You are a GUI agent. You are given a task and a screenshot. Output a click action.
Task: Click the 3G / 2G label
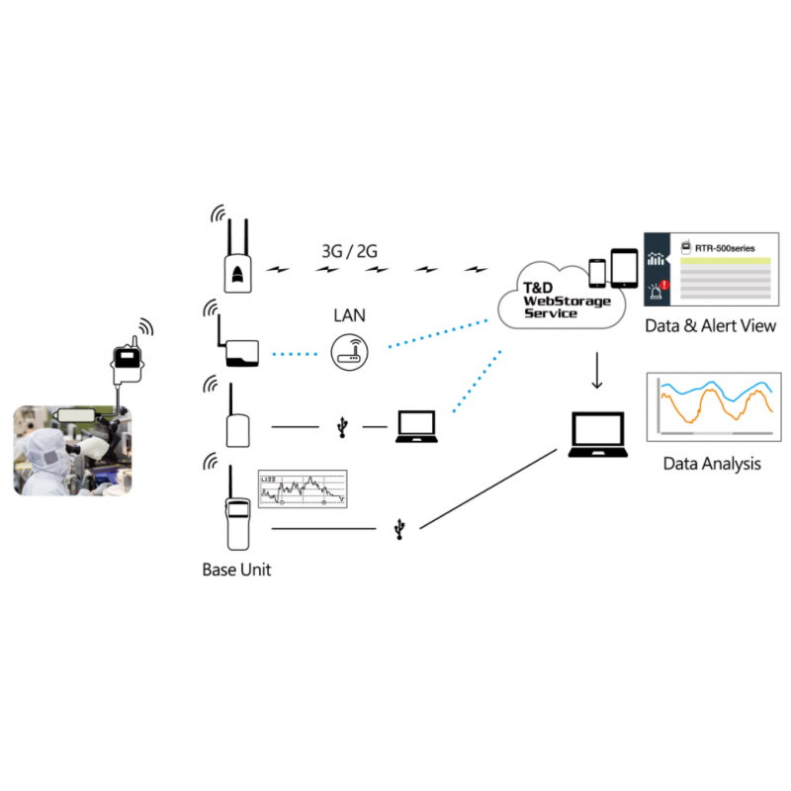(349, 251)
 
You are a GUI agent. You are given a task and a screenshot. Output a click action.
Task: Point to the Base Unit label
(236, 570)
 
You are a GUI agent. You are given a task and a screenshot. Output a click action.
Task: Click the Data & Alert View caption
(710, 326)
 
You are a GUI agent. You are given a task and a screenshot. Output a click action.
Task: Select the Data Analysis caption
(712, 463)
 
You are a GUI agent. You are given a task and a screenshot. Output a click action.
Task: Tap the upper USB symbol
(342, 426)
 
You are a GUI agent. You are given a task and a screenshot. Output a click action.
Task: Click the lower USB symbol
(398, 530)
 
